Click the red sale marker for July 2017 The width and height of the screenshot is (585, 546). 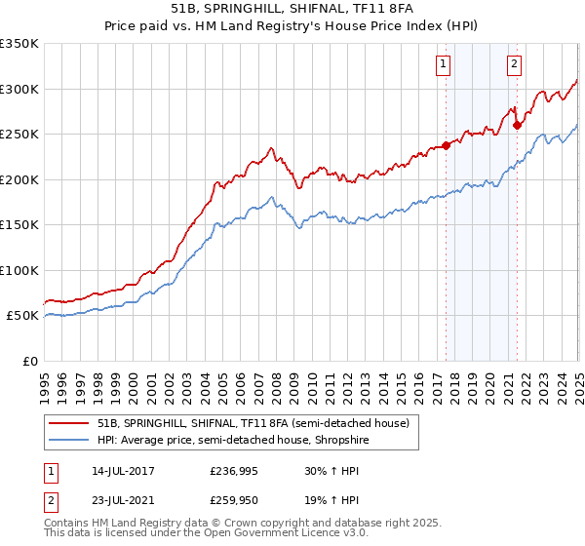click(446, 145)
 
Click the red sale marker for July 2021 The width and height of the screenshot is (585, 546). click(517, 125)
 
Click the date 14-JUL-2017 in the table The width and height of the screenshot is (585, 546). click(129, 471)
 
